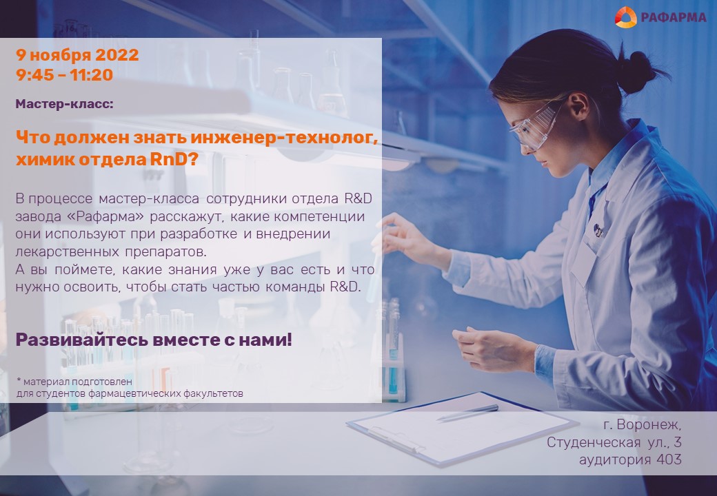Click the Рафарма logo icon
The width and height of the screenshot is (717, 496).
click(x=625, y=17)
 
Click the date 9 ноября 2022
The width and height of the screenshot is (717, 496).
click(x=77, y=55)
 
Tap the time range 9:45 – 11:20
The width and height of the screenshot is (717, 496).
click(x=65, y=75)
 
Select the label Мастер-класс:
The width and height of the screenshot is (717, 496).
click(x=65, y=104)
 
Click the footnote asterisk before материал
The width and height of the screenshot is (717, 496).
click(x=19, y=380)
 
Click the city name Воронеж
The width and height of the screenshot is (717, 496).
click(x=649, y=425)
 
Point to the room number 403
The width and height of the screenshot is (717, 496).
click(x=669, y=459)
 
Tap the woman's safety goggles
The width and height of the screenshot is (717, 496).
click(x=535, y=127)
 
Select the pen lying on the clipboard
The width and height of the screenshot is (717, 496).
click(x=467, y=413)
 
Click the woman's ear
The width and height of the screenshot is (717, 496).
click(x=578, y=106)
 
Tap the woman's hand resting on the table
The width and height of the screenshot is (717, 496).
click(x=494, y=349)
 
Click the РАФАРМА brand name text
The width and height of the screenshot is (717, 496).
click(x=673, y=17)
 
